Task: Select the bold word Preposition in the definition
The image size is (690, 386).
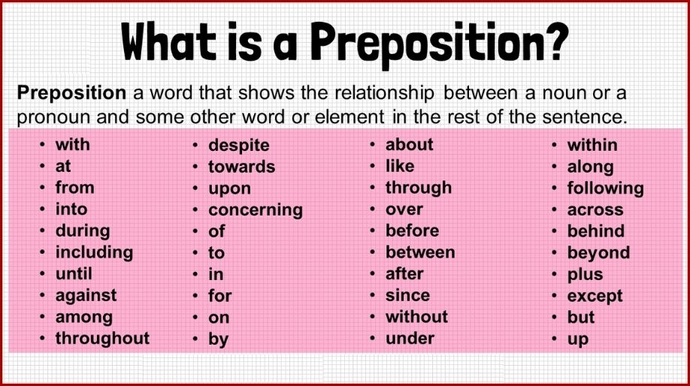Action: [71, 93]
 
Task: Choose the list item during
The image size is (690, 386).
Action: [83, 231]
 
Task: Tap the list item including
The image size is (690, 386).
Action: [94, 252]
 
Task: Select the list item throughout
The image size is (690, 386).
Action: [102, 339]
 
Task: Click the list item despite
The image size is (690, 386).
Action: [238, 145]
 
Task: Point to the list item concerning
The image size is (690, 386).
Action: [256, 210]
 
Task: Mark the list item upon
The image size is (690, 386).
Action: [229, 188]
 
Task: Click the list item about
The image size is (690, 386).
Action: [410, 144]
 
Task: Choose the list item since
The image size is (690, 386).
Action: [407, 296]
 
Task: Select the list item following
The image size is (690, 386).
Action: [605, 188]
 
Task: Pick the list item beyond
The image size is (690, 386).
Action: [598, 253]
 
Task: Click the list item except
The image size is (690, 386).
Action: [595, 296]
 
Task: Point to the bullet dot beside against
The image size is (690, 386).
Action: [42, 296]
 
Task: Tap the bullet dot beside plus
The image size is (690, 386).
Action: [555, 275]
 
